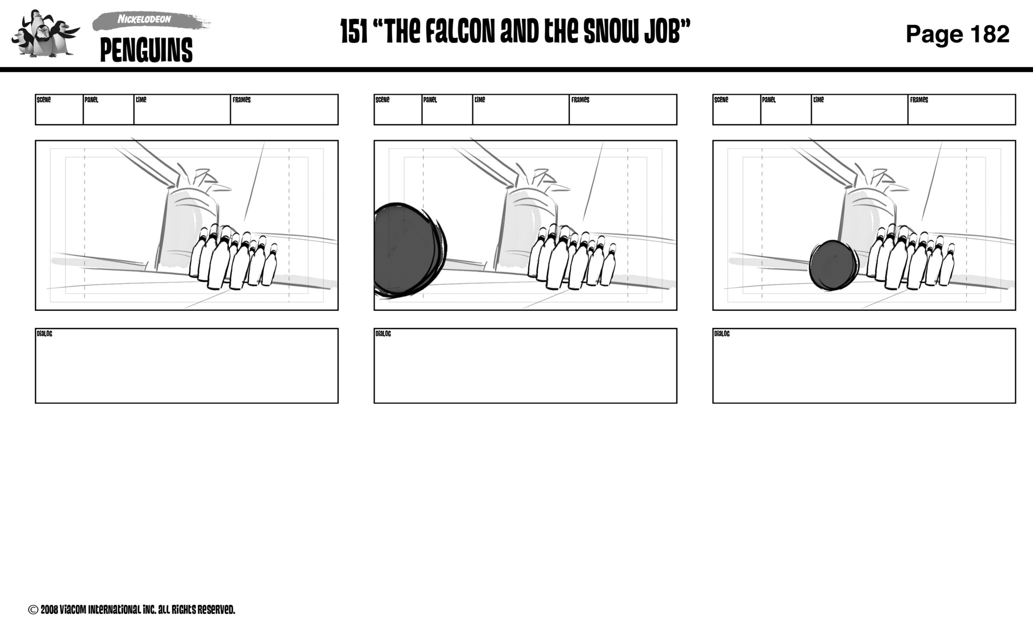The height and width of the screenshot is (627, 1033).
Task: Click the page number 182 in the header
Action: point(989,34)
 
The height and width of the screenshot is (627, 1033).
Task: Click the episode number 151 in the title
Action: point(353,32)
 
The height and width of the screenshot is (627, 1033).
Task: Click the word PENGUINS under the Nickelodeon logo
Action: point(146,51)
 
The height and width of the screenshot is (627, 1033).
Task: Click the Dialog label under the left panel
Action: point(44,334)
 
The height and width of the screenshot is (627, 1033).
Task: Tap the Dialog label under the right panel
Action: point(721,334)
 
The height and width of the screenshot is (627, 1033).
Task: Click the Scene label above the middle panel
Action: point(382,100)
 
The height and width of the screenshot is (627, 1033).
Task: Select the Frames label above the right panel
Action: point(918,100)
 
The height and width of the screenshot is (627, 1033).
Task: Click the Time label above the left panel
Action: point(141,100)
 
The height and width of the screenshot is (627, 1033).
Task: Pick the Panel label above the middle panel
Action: point(429,100)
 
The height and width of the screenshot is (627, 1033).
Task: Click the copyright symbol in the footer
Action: point(33,610)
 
